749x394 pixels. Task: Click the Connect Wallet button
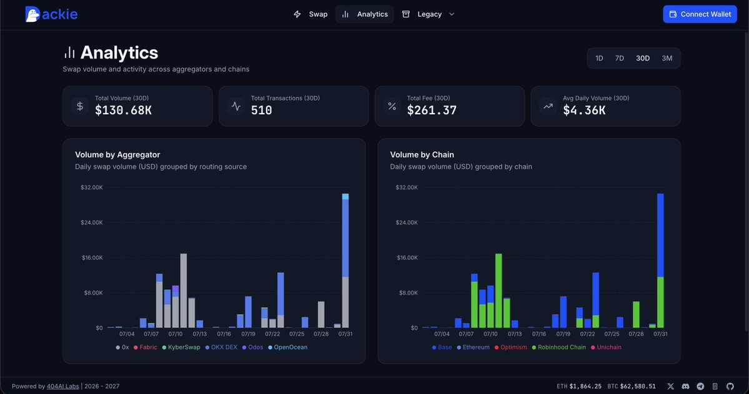click(x=700, y=14)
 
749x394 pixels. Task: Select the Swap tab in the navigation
click(x=310, y=14)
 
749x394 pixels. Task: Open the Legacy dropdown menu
click(x=428, y=14)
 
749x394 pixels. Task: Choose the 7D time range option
click(x=620, y=58)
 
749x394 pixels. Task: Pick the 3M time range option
click(x=667, y=58)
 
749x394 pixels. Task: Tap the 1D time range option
click(x=599, y=58)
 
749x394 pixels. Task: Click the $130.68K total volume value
click(x=123, y=111)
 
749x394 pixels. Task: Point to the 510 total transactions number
click(x=261, y=111)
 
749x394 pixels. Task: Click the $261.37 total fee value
click(x=432, y=111)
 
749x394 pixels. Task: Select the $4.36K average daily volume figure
click(x=584, y=111)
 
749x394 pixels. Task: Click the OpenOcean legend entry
click(x=287, y=347)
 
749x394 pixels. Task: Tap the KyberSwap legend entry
click(x=181, y=347)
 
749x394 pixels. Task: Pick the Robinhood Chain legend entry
click(x=558, y=347)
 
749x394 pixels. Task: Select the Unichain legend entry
click(x=606, y=347)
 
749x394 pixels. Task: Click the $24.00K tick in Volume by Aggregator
click(x=92, y=222)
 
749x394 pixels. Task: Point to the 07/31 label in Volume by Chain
click(x=660, y=334)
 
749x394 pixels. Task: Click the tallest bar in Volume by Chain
click(x=660, y=261)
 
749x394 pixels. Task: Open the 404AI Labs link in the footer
click(x=62, y=387)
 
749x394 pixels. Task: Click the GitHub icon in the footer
click(x=730, y=387)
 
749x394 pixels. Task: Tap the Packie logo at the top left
click(x=51, y=14)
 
